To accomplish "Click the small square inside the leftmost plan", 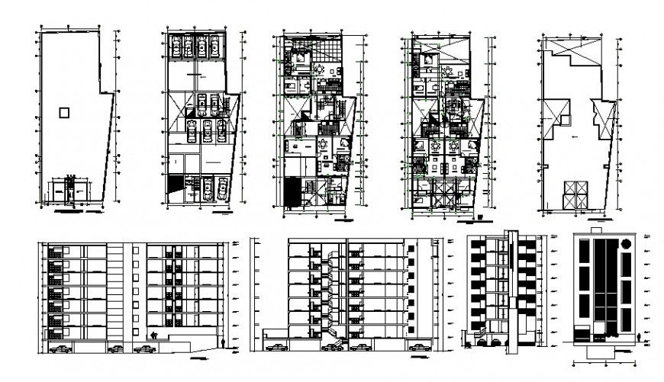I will point(64,113).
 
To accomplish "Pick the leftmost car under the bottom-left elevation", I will point(58,349).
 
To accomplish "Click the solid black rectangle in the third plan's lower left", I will point(291,191).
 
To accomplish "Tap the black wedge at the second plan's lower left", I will point(174,186).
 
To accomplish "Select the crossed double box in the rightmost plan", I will point(573,194).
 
